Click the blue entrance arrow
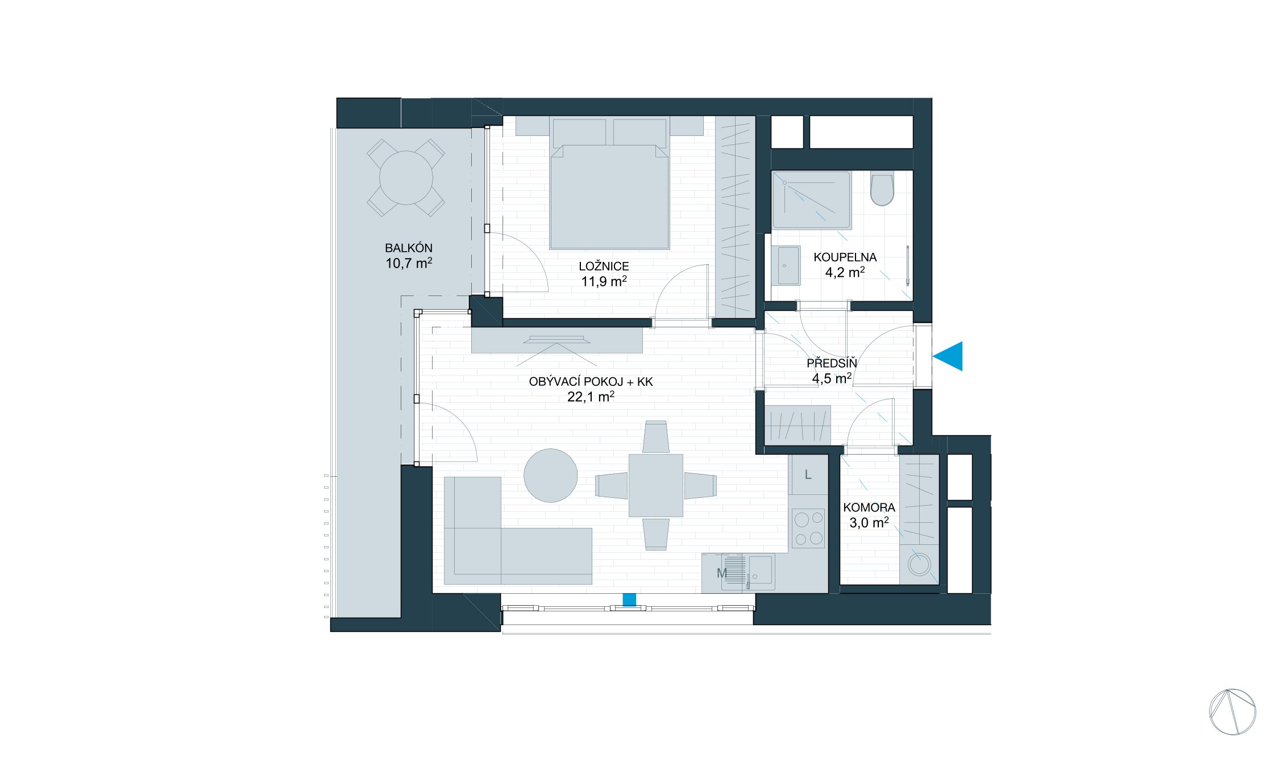click(x=950, y=356)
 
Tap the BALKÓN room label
click(x=409, y=248)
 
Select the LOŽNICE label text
click(x=604, y=266)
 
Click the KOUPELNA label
click(x=845, y=257)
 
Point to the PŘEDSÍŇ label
click(x=832, y=364)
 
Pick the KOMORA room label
click(x=869, y=508)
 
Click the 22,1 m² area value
click(x=591, y=397)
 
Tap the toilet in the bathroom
click(x=882, y=190)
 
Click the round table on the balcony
click(x=406, y=178)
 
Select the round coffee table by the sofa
click(x=550, y=476)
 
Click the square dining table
click(x=655, y=486)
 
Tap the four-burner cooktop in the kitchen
click(x=808, y=528)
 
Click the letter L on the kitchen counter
click(x=808, y=474)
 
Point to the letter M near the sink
click(x=722, y=574)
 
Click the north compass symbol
click(x=1232, y=712)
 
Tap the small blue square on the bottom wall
click(x=629, y=599)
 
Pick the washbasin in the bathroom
click(x=787, y=265)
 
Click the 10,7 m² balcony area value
click(x=409, y=264)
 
